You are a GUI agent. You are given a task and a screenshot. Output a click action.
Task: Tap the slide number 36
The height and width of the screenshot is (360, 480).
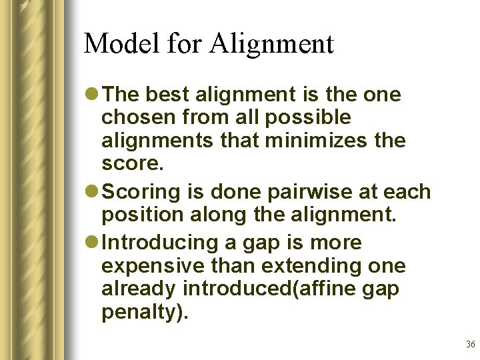[x=471, y=344]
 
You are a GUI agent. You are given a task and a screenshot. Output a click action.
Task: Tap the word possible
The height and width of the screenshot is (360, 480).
[x=317, y=118]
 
